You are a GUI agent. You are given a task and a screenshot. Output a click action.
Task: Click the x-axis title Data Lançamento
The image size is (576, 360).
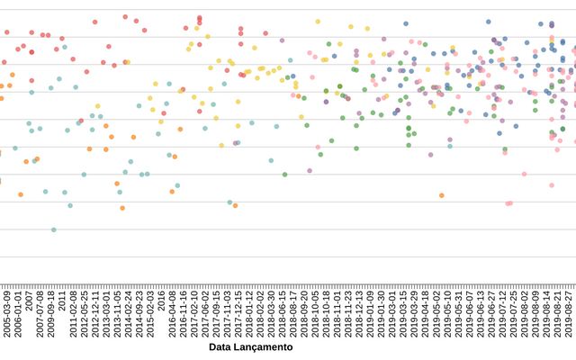coord(250,346)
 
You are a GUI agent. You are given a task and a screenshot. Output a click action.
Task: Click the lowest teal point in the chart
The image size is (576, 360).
coord(53,229)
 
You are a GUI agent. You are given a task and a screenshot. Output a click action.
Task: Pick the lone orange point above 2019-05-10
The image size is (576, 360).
coord(442,195)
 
